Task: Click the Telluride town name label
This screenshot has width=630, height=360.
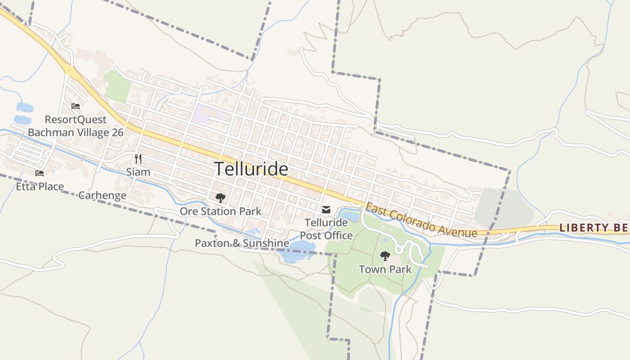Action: (251, 169)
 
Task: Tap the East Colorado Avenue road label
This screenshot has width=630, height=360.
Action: (421, 220)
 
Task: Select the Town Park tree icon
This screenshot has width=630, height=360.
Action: (385, 256)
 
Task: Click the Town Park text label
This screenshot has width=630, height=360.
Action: (385, 270)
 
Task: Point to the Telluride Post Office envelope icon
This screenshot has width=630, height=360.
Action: (326, 210)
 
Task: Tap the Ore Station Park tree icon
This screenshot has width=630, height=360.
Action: (220, 198)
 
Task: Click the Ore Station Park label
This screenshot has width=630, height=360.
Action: (220, 211)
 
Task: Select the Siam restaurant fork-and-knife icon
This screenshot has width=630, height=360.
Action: (138, 159)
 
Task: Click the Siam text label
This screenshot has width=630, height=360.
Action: (138, 172)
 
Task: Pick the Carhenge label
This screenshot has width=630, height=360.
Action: (102, 195)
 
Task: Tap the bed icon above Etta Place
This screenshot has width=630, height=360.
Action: (40, 173)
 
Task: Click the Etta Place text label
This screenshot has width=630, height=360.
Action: (40, 186)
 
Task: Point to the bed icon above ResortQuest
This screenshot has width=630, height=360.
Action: (76, 106)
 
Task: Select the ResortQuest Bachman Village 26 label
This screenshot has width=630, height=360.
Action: (76, 126)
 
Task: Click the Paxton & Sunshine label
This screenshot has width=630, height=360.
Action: (242, 243)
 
